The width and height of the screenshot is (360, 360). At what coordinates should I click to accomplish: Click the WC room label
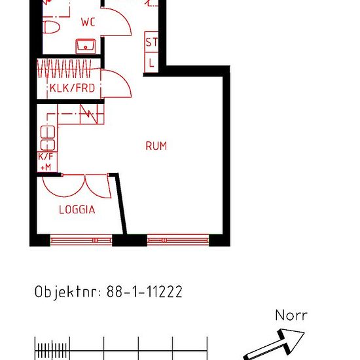[x=88, y=22]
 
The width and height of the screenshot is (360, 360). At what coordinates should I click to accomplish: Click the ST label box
[x=151, y=43]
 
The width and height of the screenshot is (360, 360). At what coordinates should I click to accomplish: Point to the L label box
[x=151, y=63]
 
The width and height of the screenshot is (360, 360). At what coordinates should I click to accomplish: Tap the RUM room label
[x=156, y=146]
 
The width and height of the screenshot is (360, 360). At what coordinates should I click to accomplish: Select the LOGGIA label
[x=77, y=210]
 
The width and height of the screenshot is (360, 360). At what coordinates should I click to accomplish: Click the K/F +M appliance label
[x=46, y=162]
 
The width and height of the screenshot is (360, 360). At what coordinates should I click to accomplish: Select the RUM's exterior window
[x=177, y=241]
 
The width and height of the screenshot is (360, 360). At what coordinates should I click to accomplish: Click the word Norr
[x=291, y=315]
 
